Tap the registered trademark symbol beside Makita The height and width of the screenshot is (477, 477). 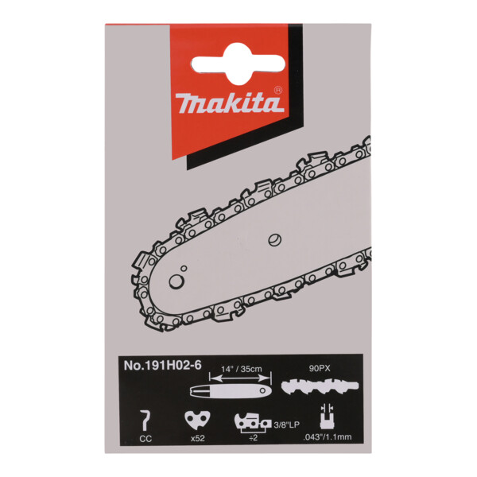[x=277, y=90]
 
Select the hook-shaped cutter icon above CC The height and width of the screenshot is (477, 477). [x=144, y=418]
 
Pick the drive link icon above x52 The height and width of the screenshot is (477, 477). [x=192, y=420]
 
